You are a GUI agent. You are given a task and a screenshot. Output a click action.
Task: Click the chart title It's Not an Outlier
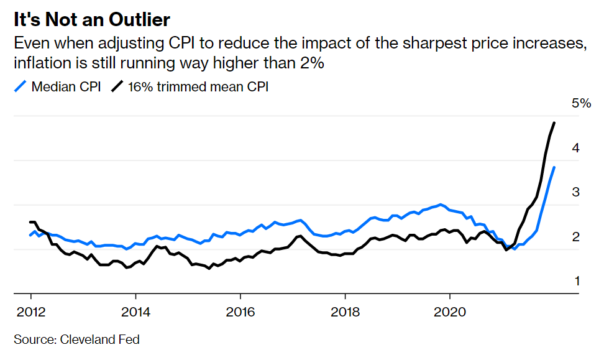tap(92, 19)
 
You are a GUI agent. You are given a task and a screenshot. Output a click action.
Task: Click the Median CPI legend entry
tap(66, 86)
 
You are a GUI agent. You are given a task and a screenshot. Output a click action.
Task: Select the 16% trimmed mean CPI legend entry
tap(198, 86)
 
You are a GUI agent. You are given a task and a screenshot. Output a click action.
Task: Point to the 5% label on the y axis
tap(581, 103)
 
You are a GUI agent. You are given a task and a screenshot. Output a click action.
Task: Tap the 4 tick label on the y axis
tap(576, 148)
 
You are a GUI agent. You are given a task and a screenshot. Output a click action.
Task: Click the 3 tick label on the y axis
tap(576, 192)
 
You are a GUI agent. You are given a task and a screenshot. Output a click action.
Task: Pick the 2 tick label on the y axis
tap(576, 237)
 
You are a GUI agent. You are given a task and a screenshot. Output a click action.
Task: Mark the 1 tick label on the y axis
tap(576, 281)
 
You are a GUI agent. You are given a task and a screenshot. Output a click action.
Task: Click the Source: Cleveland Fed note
tap(76, 339)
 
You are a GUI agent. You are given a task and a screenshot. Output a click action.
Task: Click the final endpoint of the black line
tap(554, 123)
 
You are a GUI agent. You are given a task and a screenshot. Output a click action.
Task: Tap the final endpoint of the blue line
tap(554, 167)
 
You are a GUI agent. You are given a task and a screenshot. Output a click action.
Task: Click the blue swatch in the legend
tap(20, 86)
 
